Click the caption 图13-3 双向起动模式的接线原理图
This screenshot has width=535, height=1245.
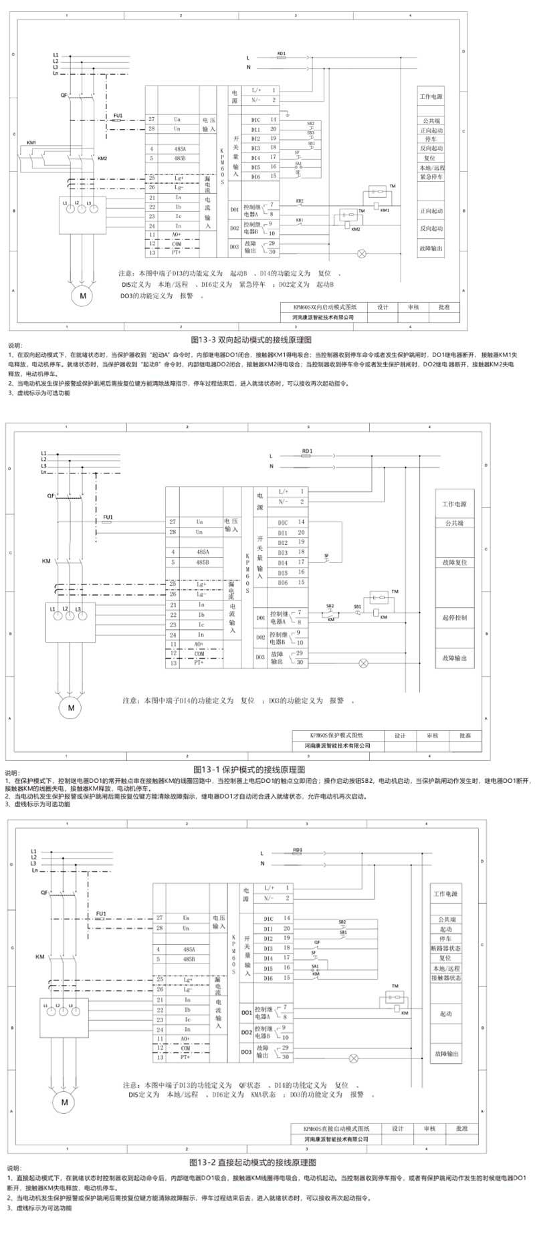(251, 340)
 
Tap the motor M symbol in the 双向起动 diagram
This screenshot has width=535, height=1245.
(83, 295)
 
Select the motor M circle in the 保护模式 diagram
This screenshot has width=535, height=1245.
(70, 706)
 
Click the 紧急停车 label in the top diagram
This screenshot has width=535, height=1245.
(431, 177)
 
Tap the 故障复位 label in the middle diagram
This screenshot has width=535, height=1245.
(454, 562)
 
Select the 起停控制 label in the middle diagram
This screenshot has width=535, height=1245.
(454, 618)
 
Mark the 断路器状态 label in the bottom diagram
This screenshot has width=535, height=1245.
(445, 948)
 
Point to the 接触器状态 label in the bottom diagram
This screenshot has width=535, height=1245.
(445, 978)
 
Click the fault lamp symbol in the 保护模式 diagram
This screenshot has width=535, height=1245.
(364, 663)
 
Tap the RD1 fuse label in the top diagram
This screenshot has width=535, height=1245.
(281, 53)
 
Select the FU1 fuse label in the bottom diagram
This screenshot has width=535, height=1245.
(101, 913)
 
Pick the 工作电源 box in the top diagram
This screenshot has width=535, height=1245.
(431, 97)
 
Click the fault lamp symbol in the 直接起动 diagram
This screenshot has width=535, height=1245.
(355, 1058)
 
